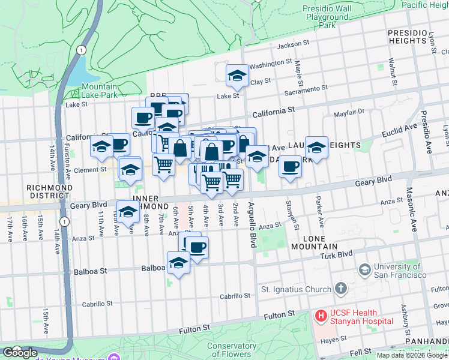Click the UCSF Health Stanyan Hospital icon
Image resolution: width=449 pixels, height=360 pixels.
click(321, 315)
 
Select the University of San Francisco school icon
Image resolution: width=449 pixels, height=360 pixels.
click(364, 270)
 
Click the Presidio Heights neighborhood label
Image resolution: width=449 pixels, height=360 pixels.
click(406, 36)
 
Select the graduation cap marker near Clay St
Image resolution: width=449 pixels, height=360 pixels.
click(237, 75)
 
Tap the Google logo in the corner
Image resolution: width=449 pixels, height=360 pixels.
click(20, 353)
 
